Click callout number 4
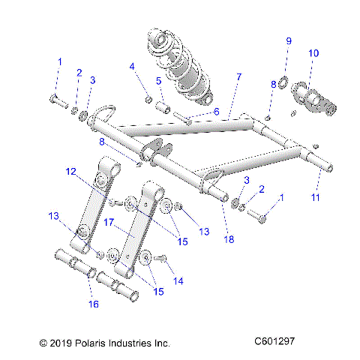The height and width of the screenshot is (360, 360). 132,67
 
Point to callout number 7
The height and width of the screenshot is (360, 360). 239,77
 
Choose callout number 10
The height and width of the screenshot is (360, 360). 313,53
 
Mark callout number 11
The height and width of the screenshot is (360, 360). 316,198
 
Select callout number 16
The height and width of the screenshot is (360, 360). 93,304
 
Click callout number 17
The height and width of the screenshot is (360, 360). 108,223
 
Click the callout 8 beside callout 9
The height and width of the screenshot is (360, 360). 274,85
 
